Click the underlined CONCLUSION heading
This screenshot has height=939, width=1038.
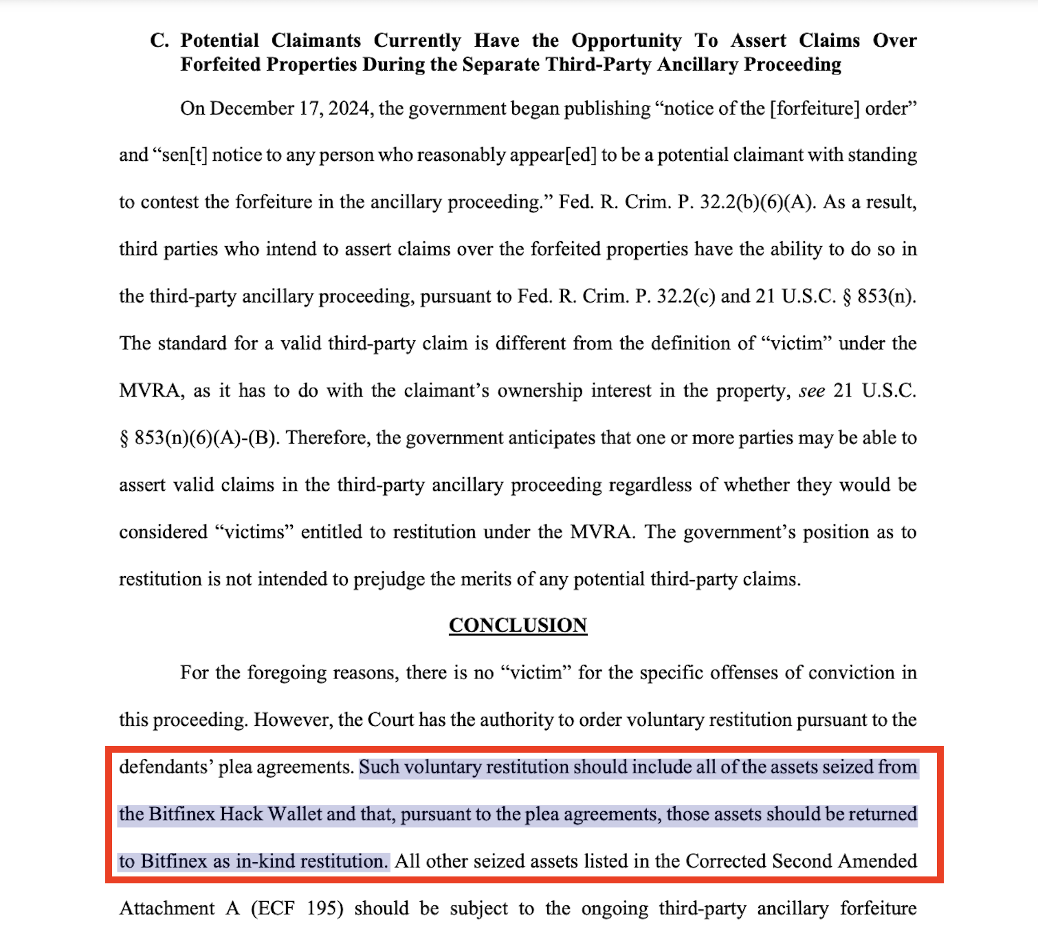pos(518,626)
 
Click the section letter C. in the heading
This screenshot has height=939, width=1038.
pos(159,41)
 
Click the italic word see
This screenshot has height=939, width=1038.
pos(811,391)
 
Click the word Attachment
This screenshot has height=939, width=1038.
pos(167,909)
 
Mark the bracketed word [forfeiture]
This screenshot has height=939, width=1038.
pos(814,109)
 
